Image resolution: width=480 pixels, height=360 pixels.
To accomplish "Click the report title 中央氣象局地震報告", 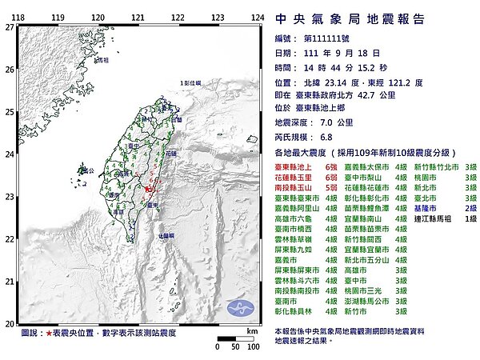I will click(342, 18).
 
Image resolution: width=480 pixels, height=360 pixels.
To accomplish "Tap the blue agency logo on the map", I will click(239, 308).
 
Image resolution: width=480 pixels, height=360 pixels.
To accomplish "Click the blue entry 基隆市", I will click(424, 205).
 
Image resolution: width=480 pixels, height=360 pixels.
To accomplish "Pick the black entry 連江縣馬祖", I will click(430, 216).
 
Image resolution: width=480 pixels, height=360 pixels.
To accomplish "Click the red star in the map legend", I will click(50, 330).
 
